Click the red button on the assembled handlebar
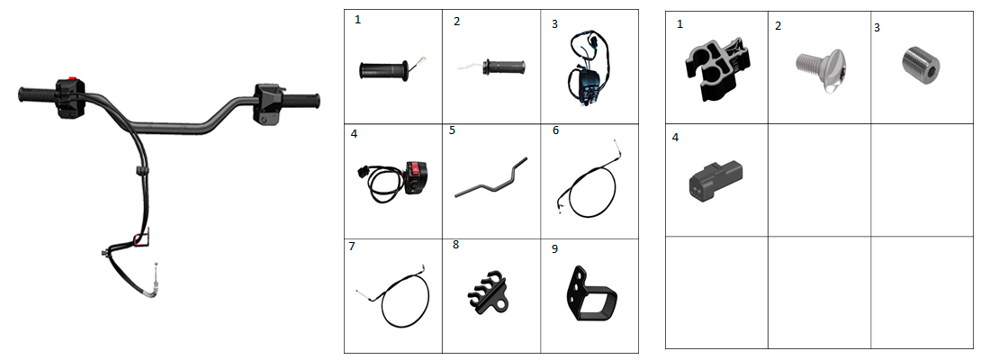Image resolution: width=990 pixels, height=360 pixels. coord(73,78)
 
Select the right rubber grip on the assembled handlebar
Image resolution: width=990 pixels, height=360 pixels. coord(301,101)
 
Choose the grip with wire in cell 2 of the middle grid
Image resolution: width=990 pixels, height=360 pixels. coord(504,66)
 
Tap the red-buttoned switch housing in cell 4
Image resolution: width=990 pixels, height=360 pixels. coord(416,177)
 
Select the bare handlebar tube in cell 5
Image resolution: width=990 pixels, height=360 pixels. coord(490,179)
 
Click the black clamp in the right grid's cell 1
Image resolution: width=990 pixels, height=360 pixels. coord(715,67)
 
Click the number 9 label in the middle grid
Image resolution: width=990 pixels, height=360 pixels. coord(554,248)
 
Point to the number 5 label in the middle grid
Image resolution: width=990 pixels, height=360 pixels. coord(452,130)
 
